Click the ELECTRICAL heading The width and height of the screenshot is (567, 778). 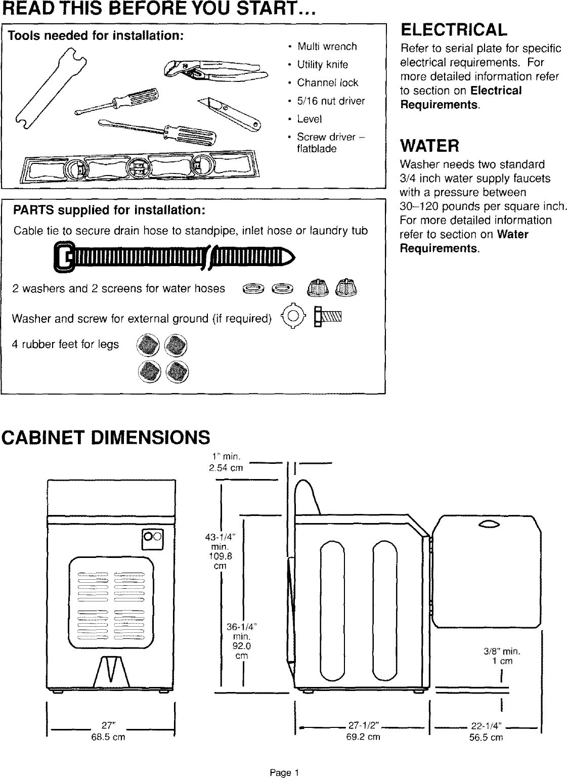453,30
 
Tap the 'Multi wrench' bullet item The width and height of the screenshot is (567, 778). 327,47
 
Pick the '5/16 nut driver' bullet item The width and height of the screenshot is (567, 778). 331,101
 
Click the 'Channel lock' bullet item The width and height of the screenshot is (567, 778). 327,83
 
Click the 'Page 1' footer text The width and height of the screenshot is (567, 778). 284,772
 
